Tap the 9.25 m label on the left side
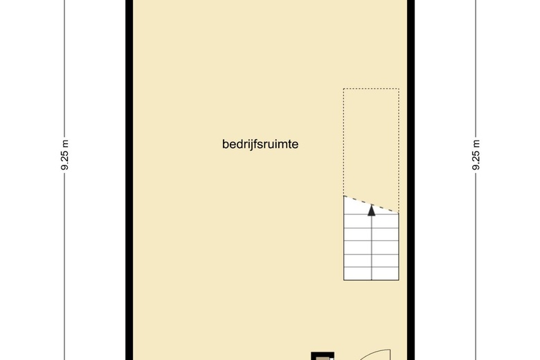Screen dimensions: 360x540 (x=65, y=156)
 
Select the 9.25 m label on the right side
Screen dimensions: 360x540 (x=476, y=156)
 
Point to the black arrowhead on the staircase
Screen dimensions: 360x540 (x=372, y=210)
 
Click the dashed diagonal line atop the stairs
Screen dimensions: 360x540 (x=371, y=204)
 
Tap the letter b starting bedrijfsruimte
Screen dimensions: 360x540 (x=225, y=145)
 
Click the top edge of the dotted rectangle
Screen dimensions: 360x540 (x=371, y=89)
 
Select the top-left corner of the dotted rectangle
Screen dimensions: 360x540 (x=344, y=89)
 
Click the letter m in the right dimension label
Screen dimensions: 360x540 (x=476, y=144)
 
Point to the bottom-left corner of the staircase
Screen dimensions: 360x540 (x=344, y=280)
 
